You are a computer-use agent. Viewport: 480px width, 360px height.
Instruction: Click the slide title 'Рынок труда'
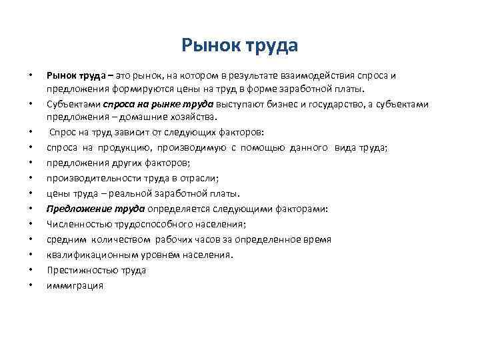point(239,45)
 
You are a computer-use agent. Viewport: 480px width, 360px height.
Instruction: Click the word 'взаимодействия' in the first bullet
point(313,75)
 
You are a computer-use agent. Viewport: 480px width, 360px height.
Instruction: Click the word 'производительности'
point(89,178)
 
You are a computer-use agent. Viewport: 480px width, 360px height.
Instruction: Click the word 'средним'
point(65,239)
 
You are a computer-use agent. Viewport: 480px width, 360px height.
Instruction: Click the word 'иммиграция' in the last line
point(75,285)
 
